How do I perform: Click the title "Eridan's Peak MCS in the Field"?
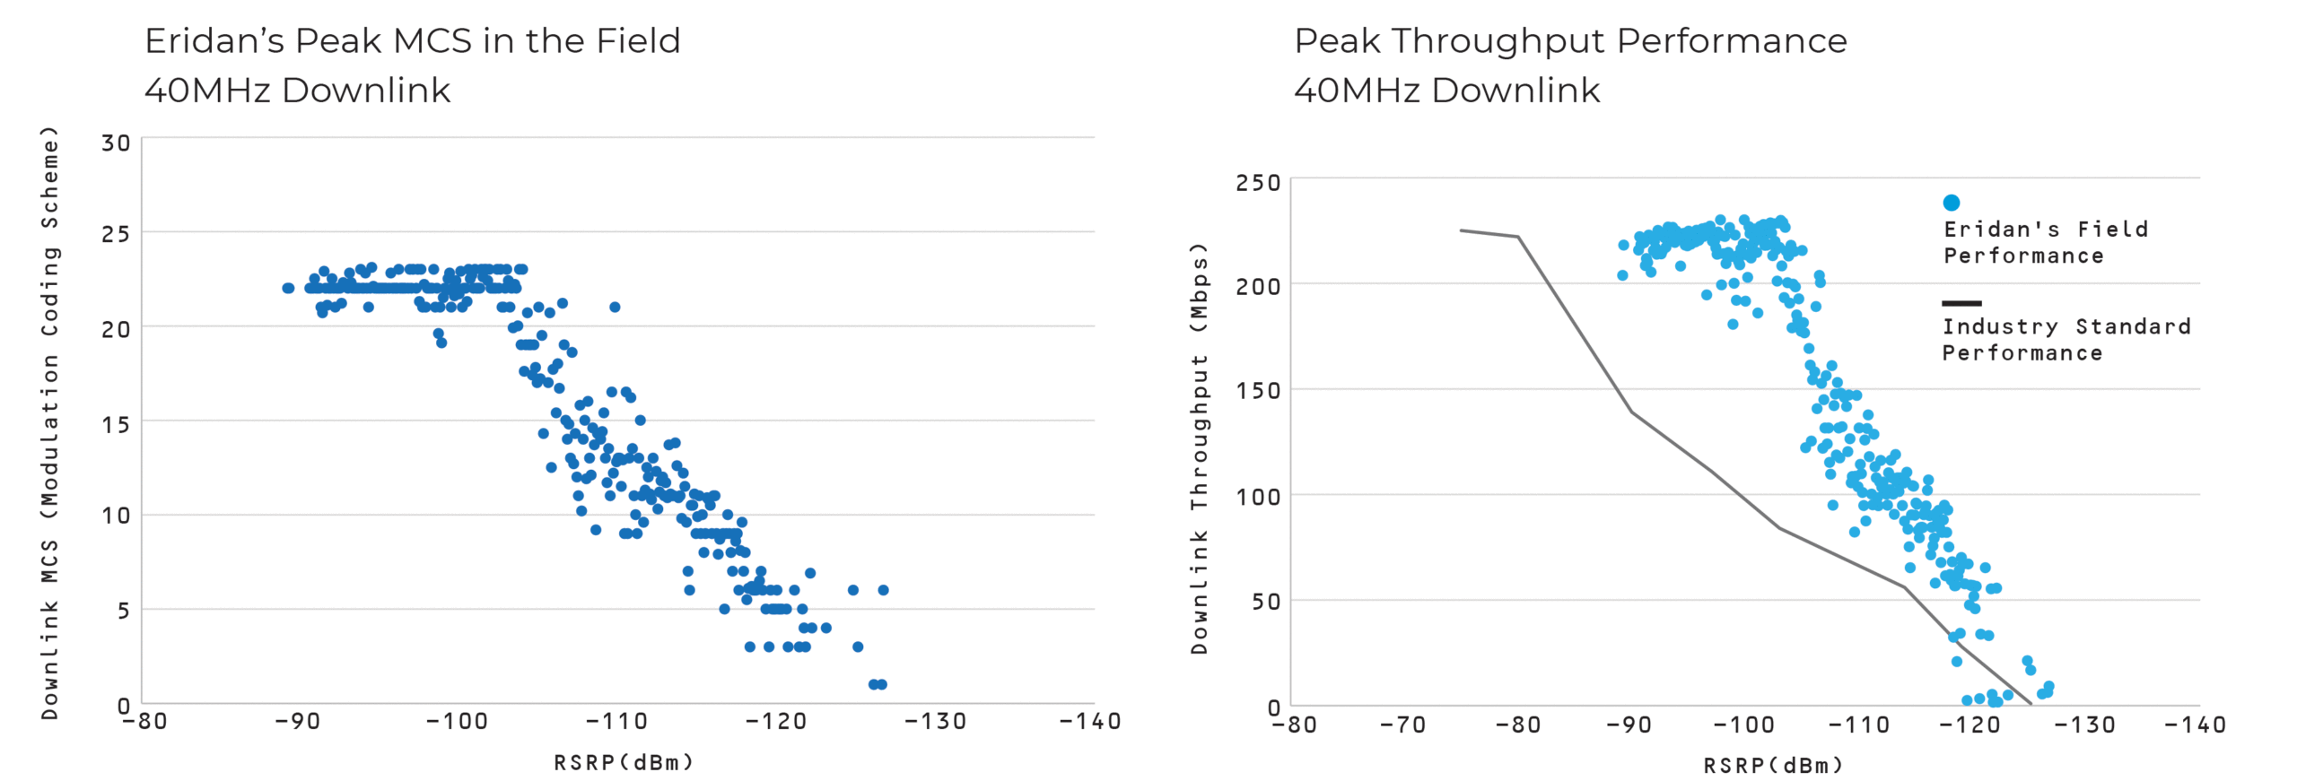tap(412, 41)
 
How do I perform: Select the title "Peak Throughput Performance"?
tap(1569, 41)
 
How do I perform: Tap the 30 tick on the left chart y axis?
tap(116, 143)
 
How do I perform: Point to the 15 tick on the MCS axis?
tap(116, 424)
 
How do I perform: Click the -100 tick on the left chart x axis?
tap(457, 722)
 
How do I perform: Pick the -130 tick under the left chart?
tap(935, 722)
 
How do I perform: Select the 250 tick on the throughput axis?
tap(1257, 183)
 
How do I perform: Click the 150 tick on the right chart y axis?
tap(1257, 391)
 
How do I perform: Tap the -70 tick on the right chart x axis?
tap(1402, 725)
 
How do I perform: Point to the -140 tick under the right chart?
tap(2195, 725)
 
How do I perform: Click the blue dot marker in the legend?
tap(1951, 203)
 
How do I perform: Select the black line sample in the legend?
tap(1961, 303)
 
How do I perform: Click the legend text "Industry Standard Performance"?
tap(2066, 340)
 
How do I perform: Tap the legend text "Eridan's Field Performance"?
tap(2045, 243)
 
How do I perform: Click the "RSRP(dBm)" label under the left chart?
tap(624, 763)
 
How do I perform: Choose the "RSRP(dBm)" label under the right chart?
tap(1773, 766)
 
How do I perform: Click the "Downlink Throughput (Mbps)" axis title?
tap(1199, 448)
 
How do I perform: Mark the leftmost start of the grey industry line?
tap(1461, 230)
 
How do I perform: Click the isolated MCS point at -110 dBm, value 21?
tap(615, 307)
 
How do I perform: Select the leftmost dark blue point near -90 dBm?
tap(288, 288)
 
